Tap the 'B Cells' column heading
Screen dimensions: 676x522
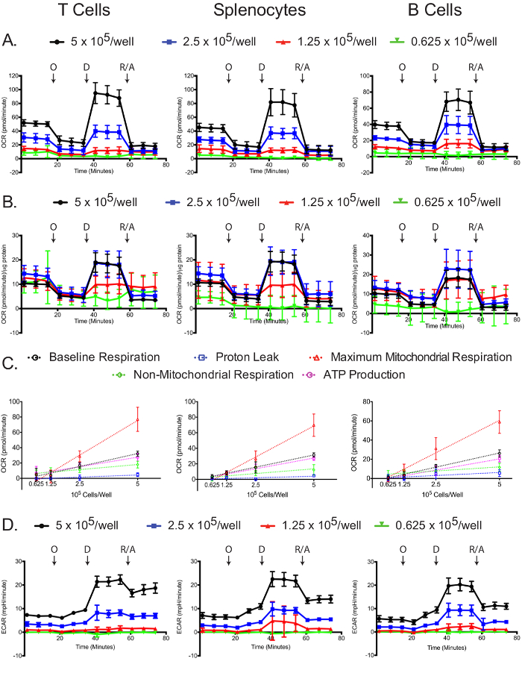click(436, 10)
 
